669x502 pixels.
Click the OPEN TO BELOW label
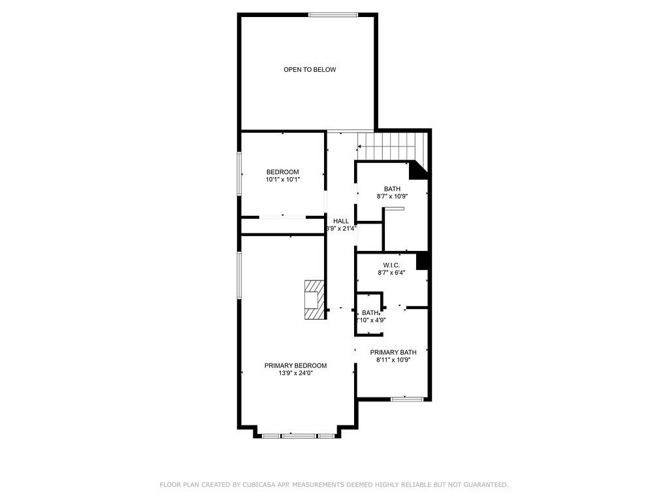(x=310, y=69)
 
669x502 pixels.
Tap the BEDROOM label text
(x=282, y=172)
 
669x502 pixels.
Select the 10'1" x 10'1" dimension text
(x=282, y=180)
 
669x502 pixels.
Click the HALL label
(x=341, y=221)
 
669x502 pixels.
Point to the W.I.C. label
(x=391, y=265)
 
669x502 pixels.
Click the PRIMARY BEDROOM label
(x=295, y=365)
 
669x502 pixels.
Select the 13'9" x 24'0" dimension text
(x=295, y=373)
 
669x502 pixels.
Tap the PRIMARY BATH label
(x=393, y=352)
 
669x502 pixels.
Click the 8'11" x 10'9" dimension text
(x=393, y=360)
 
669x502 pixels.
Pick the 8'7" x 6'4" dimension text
(x=391, y=273)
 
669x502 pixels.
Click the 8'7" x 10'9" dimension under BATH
(x=392, y=196)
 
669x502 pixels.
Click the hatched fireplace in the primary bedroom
(x=314, y=299)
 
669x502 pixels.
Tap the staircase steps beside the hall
(x=389, y=145)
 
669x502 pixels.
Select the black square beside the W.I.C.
(x=422, y=260)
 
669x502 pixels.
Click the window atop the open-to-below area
(x=333, y=14)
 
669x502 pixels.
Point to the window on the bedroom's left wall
(x=239, y=173)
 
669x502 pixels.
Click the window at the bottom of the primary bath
(x=407, y=398)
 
